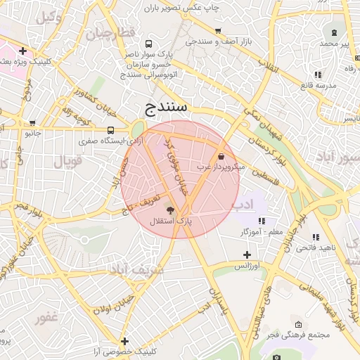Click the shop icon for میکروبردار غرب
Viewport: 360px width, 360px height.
222,156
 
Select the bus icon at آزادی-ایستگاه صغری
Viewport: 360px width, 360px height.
110,130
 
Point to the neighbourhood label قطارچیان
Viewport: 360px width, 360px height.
110,33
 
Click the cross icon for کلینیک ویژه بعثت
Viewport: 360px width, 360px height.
23,51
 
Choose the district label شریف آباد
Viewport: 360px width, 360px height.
137,269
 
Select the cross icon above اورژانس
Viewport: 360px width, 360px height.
246,255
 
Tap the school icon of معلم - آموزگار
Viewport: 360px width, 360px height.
262,221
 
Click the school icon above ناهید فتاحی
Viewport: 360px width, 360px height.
316,237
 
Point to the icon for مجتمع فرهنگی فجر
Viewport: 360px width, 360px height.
299,324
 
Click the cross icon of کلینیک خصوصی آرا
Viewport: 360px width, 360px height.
124,340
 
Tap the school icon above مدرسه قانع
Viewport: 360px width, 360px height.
318,74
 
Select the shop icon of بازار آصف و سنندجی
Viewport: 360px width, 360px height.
219,31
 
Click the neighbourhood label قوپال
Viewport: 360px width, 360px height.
68,161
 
